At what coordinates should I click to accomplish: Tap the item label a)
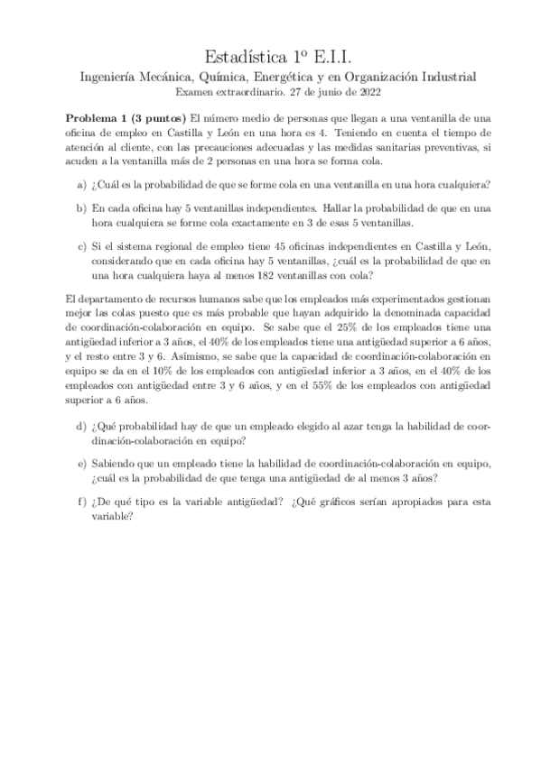82,185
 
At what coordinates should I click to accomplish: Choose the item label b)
82,207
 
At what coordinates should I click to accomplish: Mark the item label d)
82,425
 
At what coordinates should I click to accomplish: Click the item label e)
82,462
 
